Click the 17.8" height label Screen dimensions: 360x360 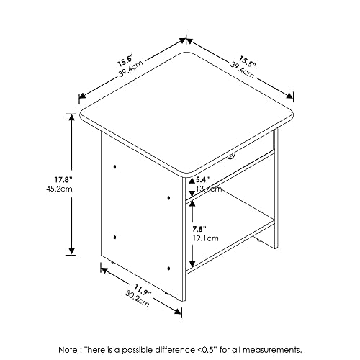tap(63, 179)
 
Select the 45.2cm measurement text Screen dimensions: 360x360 tap(59, 189)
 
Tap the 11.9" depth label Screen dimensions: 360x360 tap(143, 290)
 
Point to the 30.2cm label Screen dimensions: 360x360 tap(138, 300)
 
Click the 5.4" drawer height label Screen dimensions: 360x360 tap(203, 179)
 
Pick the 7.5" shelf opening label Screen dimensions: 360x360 tap(199, 229)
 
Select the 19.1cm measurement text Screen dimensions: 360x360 tap(205, 238)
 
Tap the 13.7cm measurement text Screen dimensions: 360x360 tap(209, 189)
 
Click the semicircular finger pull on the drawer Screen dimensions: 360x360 tap(231, 157)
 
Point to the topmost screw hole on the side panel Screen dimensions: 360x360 tap(114, 166)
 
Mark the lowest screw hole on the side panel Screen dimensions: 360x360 tap(168, 269)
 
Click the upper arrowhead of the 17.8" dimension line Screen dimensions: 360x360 tap(71, 117)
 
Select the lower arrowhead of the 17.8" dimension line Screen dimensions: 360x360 tap(71, 251)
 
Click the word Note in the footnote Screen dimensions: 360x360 tap(68, 349)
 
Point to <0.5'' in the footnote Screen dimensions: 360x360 tap(207, 349)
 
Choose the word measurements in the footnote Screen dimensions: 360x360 tap(274, 350)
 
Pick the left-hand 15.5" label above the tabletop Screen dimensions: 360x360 tap(125, 61)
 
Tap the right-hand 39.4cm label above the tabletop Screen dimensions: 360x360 tap(242, 71)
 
